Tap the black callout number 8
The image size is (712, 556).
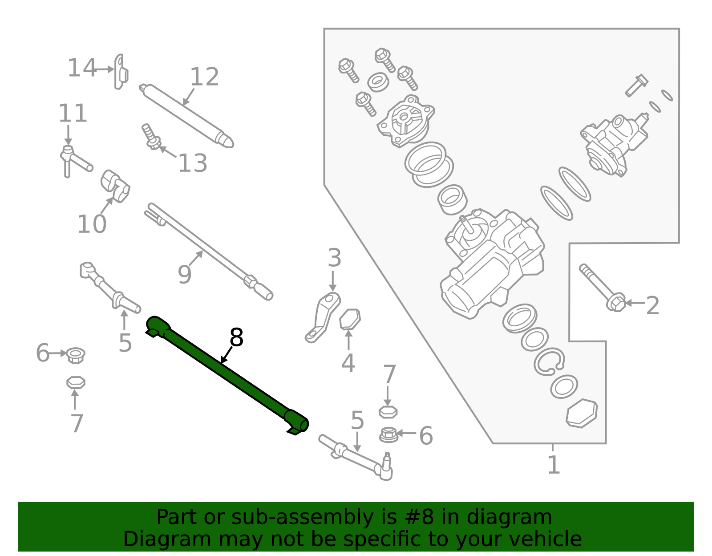(236, 338)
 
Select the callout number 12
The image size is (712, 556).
(204, 77)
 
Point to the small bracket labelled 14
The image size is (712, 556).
(121, 73)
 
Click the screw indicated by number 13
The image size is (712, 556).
(151, 137)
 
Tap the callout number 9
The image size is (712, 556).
(184, 275)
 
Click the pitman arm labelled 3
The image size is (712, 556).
(323, 317)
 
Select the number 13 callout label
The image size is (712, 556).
(192, 163)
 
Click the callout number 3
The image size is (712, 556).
(334, 258)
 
